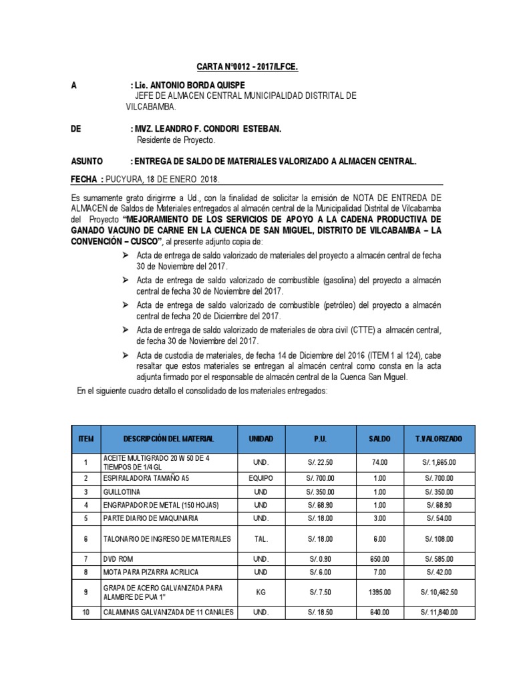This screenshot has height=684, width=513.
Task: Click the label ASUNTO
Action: (87, 161)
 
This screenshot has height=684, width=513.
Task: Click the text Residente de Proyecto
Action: (176, 140)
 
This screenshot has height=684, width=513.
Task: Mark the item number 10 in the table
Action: (85, 613)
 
